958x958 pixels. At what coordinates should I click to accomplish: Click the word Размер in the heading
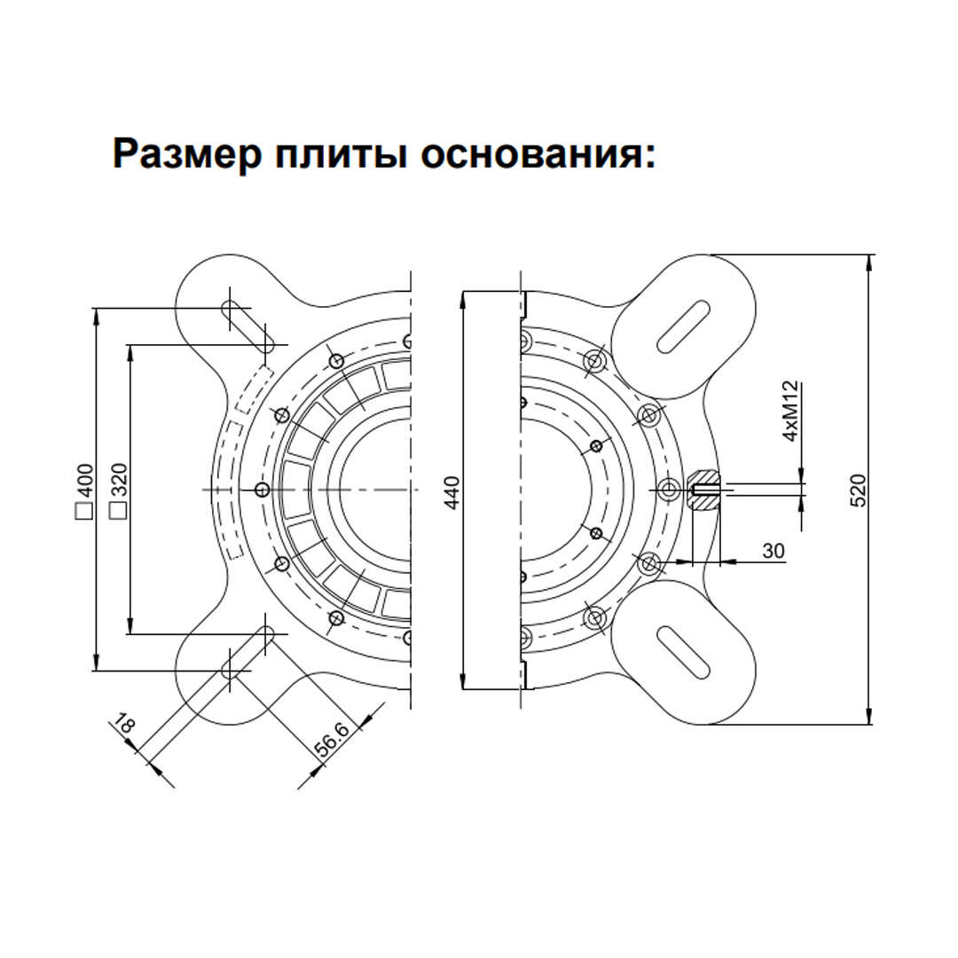coord(187,154)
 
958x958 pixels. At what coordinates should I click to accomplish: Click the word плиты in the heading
coord(341,155)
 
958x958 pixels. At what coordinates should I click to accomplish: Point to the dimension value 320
coord(119,480)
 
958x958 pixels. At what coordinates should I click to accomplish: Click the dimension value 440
coord(452,492)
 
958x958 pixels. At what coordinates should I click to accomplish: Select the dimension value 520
coord(859,491)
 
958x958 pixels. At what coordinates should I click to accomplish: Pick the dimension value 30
coord(773,551)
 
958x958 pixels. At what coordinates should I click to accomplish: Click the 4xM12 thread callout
coord(790,411)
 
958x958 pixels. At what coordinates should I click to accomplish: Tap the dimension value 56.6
coord(331,741)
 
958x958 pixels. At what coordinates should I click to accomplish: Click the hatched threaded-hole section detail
coord(703,490)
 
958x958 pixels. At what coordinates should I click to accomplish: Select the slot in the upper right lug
coord(683,326)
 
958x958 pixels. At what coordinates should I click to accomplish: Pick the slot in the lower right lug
coord(683,652)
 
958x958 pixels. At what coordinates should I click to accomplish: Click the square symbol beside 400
coord(83,511)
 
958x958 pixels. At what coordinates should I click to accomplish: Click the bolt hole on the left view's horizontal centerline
coord(262,490)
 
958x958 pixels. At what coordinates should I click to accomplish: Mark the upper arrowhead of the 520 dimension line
coord(868,263)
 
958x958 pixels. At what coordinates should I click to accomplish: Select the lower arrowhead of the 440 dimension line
coord(462,680)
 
